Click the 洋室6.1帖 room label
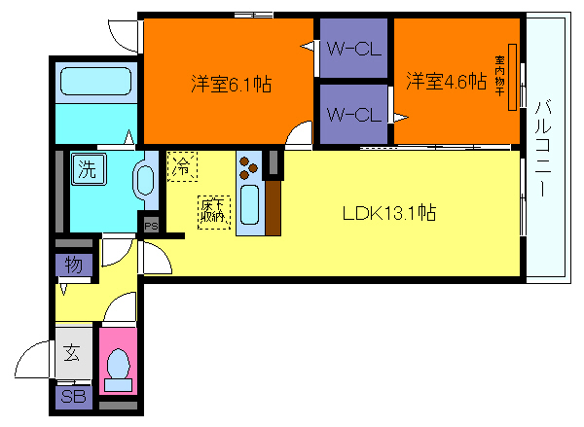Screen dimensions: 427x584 tap(230, 85)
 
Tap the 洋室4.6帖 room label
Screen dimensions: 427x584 tap(446, 82)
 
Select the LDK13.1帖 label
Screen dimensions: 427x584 tap(387, 214)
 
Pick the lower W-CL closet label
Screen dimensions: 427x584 tap(351, 115)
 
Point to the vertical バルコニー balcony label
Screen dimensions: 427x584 tap(543, 148)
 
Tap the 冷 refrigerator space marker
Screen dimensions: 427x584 tap(181, 166)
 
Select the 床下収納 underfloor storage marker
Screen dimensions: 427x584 tap(212, 212)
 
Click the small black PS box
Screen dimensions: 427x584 tap(150, 224)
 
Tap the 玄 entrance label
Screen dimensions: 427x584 tap(73, 356)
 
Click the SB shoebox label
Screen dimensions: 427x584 tap(73, 397)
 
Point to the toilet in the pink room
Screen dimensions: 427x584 tap(118, 366)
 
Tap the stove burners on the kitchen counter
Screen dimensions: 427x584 tap(248, 167)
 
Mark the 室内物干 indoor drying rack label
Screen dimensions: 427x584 tap(512, 81)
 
